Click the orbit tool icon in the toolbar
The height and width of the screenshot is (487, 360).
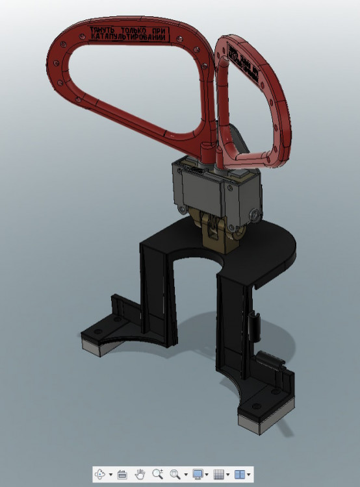[101, 475]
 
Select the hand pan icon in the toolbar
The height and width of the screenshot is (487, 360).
[140, 475]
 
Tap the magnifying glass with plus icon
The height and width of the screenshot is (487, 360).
[157, 475]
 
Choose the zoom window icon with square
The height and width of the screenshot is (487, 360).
[174, 475]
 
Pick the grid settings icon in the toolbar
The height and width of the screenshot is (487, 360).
[219, 475]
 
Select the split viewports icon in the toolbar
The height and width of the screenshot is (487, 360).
[240, 475]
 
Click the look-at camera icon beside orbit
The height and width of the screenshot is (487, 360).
[122, 475]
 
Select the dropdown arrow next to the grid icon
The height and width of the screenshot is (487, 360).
[228, 475]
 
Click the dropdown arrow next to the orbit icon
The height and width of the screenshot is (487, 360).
[111, 475]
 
